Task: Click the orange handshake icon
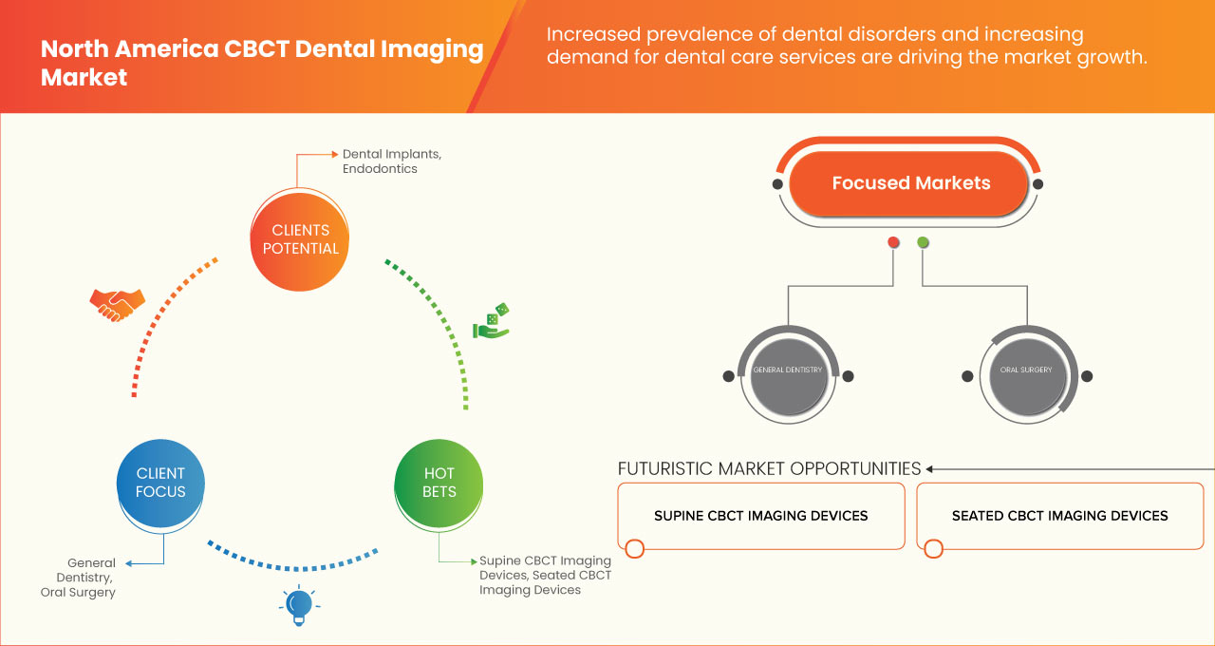117,303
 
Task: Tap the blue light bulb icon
299,605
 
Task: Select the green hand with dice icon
491,321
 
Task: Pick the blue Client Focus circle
160,483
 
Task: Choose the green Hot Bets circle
439,483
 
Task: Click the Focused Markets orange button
910,183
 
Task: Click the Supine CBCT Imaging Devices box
760,516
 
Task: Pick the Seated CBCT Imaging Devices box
1059,516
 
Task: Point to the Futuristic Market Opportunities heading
769,468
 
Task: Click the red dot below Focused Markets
893,243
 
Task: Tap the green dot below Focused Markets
923,243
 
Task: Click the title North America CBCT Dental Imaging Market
262,63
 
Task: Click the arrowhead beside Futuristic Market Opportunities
930,468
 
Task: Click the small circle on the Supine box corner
634,548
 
